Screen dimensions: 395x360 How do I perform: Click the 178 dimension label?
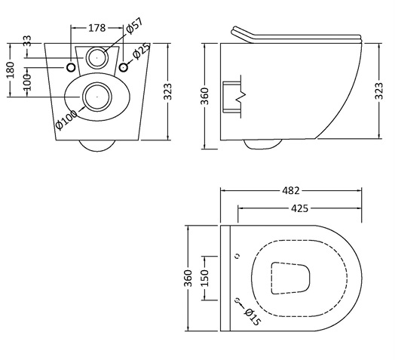coord(96,28)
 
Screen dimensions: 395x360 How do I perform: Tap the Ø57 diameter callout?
coord(134,26)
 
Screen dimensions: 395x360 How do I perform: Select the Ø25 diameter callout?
coord(141,52)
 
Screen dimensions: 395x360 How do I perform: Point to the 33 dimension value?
coord(28,41)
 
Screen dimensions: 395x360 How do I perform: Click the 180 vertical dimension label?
coord(11,70)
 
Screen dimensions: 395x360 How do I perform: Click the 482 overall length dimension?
coord(291,190)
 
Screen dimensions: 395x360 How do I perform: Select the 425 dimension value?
coord(300,208)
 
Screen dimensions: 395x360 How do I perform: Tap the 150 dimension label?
coord(206,278)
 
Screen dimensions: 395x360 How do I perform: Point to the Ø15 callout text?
coord(253,317)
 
